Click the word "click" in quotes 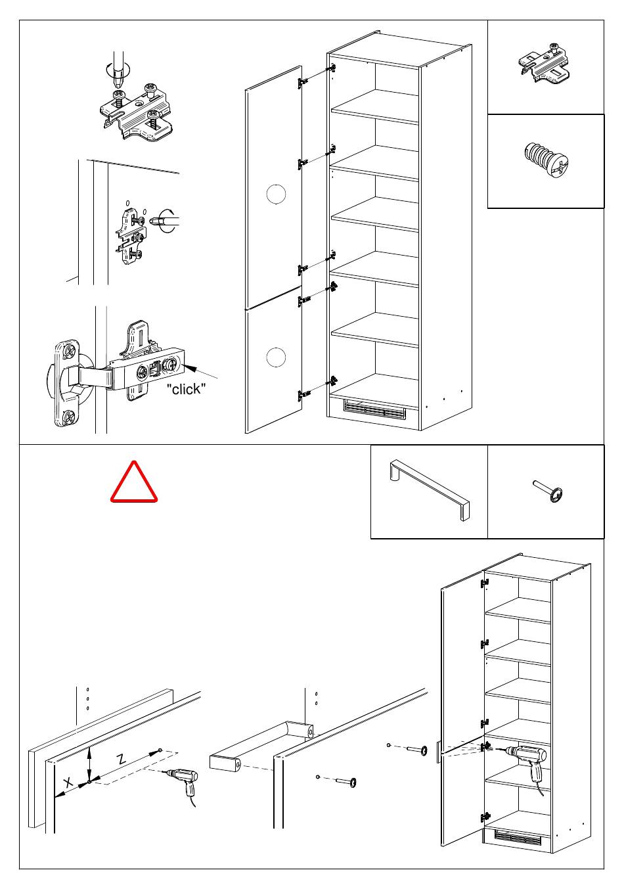point(186,389)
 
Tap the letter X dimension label point(68,783)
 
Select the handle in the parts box point(429,490)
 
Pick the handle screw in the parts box point(551,492)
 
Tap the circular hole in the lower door point(277,357)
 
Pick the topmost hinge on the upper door point(303,82)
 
